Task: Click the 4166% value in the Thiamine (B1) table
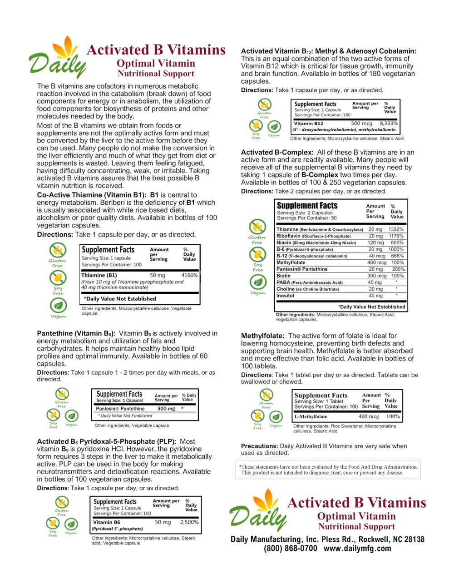tap(189, 275)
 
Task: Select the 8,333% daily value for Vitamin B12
tap(389, 124)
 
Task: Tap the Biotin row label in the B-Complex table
tap(284, 276)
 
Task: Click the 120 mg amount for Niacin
tap(375, 243)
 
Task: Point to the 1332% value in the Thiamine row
tap(396, 230)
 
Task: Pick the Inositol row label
tap(286, 296)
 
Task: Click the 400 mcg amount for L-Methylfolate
tap(369, 416)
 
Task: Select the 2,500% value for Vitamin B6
tap(189, 522)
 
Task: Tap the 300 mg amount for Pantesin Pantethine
tap(166, 409)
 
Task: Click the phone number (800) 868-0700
tap(291, 549)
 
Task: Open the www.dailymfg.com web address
tap(357, 549)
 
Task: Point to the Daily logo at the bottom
tap(258, 511)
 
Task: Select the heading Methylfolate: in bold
tap(262, 336)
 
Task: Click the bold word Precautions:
tap(259, 446)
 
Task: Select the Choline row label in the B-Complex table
tap(286, 289)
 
